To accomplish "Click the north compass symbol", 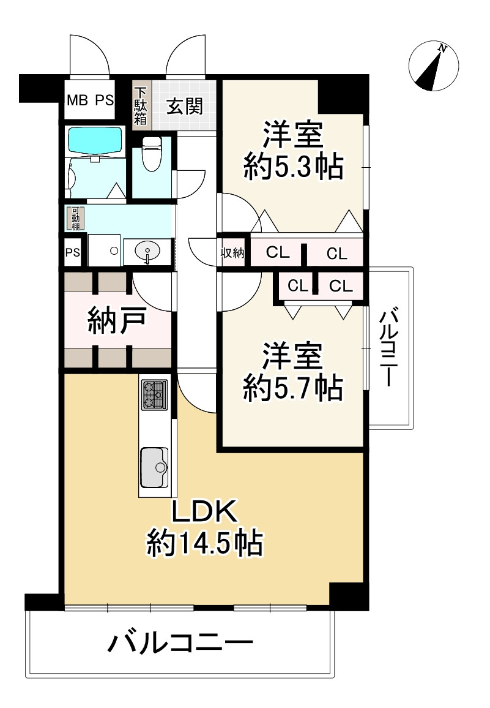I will pyautogui.click(x=434, y=66).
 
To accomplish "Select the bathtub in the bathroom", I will pyautogui.click(x=95, y=141).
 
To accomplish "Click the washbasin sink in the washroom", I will pyautogui.click(x=147, y=251).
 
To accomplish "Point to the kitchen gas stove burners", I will pyautogui.click(x=154, y=395).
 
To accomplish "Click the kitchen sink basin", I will pyautogui.click(x=154, y=467).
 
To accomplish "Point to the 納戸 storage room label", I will pyautogui.click(x=117, y=320).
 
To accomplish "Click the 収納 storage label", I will pyautogui.click(x=233, y=252).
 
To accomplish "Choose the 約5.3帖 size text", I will pyautogui.click(x=292, y=166).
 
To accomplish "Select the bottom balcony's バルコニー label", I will pyautogui.click(x=180, y=644).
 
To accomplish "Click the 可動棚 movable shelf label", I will pyautogui.click(x=75, y=219).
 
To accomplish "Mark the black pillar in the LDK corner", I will pyautogui.click(x=347, y=595).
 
